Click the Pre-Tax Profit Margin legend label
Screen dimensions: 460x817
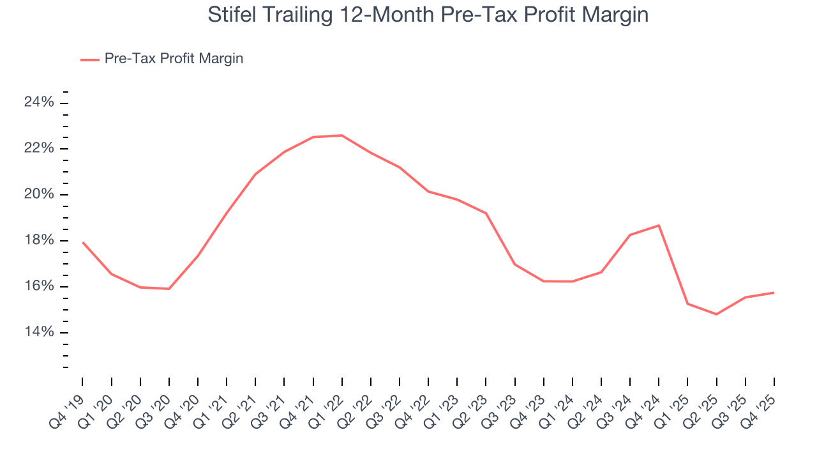[174, 59]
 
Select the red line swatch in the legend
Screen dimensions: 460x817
[89, 59]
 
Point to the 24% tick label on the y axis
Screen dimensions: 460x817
[38, 103]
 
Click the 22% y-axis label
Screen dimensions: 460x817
[38, 149]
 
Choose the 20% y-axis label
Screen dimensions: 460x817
[38, 195]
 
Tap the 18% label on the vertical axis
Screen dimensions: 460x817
[38, 241]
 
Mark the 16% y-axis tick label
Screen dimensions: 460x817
[38, 286]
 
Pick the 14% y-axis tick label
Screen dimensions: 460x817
[38, 332]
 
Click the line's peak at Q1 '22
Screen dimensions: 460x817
[342, 135]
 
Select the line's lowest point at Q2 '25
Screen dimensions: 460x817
[717, 314]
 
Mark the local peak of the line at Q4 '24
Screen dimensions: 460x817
[659, 225]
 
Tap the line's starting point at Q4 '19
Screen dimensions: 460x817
[83, 242]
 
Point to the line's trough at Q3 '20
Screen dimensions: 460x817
[169, 289]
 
